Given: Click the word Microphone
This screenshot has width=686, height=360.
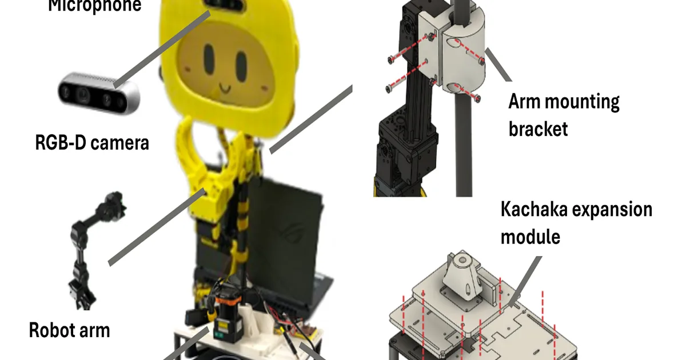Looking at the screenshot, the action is (x=95, y=6).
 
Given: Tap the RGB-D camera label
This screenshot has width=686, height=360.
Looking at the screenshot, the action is (x=92, y=143).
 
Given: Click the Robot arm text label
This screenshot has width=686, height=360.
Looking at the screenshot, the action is (x=69, y=330).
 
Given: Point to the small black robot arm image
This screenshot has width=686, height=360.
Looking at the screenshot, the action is (x=93, y=250).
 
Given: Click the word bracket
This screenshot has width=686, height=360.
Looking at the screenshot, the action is (x=538, y=129).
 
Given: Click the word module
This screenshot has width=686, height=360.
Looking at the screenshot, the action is (x=530, y=237).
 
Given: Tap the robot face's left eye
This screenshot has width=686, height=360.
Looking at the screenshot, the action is (x=209, y=59).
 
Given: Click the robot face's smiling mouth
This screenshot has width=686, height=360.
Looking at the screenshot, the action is (x=225, y=89).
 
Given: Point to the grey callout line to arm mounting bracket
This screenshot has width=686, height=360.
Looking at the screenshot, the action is (x=498, y=65).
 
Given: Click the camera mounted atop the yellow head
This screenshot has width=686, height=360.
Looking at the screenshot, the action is (x=226, y=5).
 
